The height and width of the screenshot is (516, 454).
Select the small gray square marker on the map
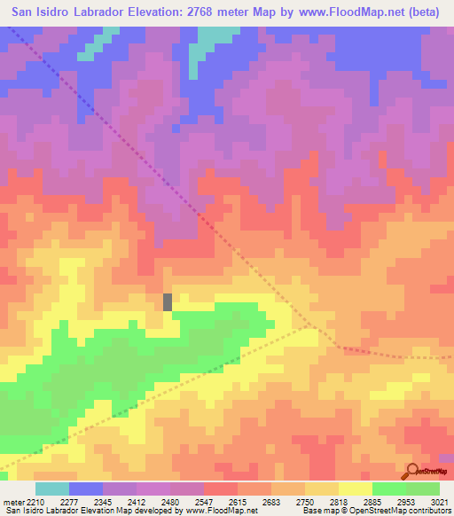pos(168,301)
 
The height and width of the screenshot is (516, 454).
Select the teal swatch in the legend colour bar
pos(51,489)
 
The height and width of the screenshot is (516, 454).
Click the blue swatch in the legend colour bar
pos(85,489)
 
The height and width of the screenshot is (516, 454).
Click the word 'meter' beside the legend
pos(9,502)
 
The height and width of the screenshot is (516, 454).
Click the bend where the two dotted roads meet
pos(337,347)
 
